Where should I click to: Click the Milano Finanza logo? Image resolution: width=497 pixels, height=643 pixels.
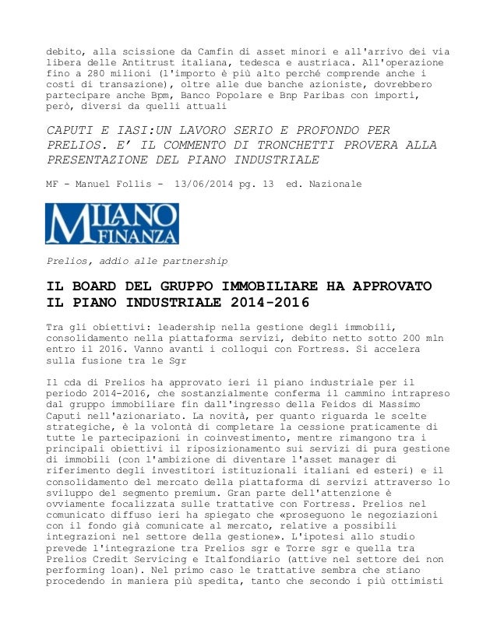(x=113, y=223)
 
